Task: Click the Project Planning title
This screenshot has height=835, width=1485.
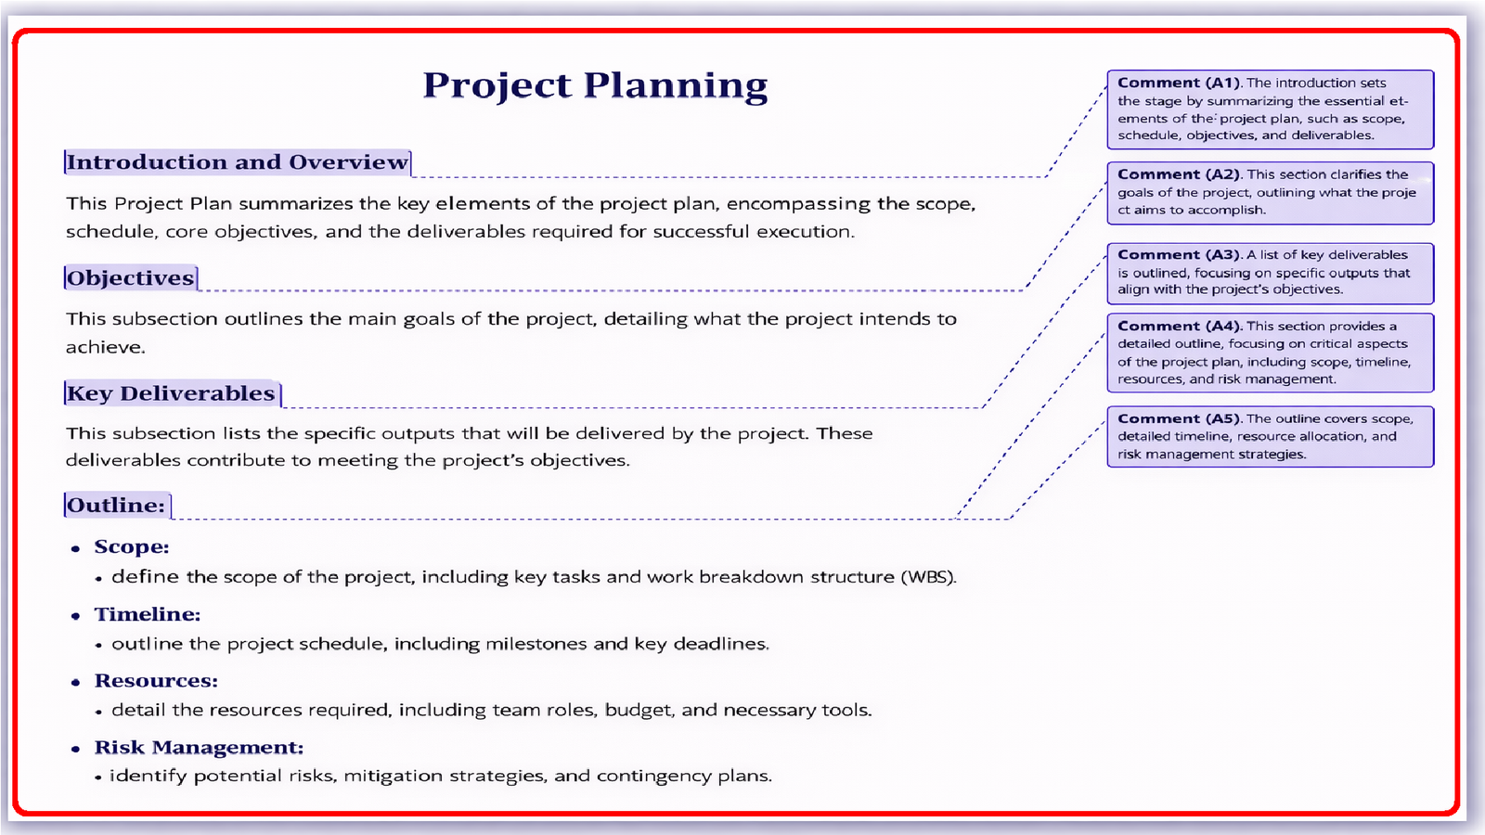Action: coord(595,85)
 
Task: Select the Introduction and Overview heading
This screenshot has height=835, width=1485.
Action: coord(238,162)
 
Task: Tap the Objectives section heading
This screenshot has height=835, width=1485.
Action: coord(131,278)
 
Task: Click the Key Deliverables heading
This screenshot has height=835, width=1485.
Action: coord(172,393)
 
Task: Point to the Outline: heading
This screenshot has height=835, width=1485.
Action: coord(117,506)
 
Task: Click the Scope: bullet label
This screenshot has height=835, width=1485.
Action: coord(132,547)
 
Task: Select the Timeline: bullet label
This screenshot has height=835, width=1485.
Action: coord(148,614)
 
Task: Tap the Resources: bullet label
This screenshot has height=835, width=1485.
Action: coord(156,681)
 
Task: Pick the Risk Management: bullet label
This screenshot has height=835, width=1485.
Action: coord(199,748)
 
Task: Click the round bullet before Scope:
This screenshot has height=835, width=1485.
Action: coord(76,548)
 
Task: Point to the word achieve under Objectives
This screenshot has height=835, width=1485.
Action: coord(105,348)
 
